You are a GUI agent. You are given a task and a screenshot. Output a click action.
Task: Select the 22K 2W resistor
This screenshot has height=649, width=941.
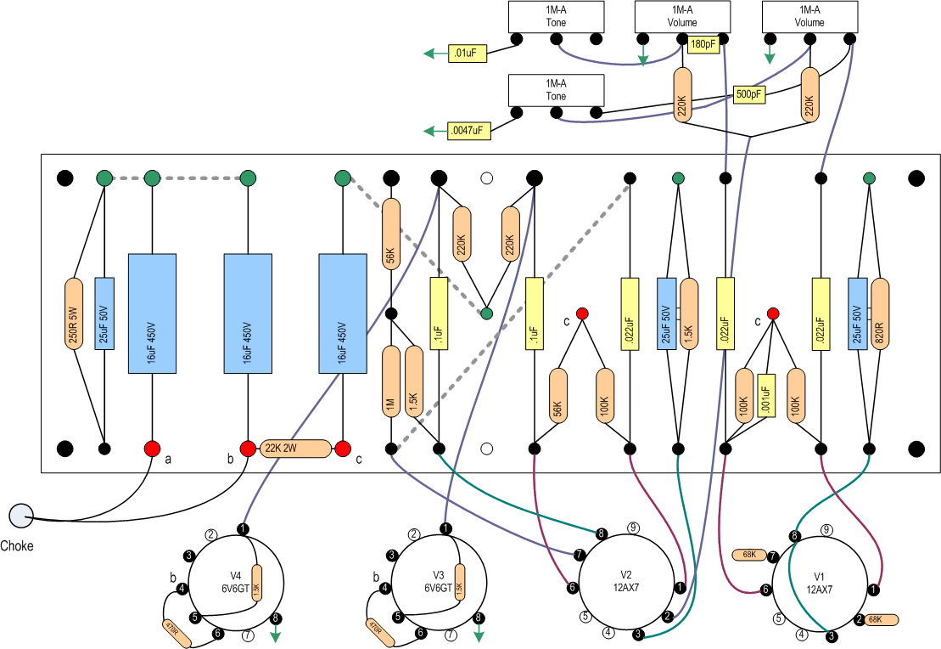tap(294, 449)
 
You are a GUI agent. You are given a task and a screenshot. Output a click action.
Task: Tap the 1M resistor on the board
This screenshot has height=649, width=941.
tap(391, 381)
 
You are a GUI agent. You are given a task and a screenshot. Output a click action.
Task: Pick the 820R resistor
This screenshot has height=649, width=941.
tap(880, 313)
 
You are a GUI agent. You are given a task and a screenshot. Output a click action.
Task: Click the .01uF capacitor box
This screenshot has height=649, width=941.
tap(466, 54)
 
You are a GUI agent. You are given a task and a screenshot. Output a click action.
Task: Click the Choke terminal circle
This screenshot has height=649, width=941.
tap(20, 514)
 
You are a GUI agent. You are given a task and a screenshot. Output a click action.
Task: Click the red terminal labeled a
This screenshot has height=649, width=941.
tap(152, 449)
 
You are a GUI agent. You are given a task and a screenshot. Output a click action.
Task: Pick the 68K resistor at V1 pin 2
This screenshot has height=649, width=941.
tap(882, 620)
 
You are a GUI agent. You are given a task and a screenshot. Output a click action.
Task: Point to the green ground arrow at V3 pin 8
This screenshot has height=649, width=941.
tap(479, 635)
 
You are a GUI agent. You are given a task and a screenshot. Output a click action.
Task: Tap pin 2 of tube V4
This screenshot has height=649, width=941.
tap(211, 535)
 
